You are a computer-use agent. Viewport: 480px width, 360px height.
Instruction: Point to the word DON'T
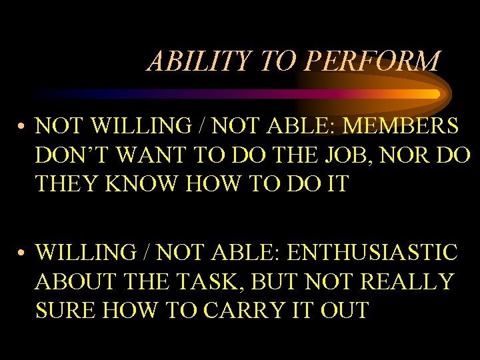point(70,155)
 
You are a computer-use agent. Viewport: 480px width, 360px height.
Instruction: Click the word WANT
point(149,155)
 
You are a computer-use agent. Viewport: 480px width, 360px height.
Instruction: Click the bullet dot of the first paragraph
point(23,126)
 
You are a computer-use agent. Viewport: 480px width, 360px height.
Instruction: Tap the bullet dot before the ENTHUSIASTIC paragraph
point(23,253)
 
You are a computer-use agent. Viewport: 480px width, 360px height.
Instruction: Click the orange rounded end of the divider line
point(435,94)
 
